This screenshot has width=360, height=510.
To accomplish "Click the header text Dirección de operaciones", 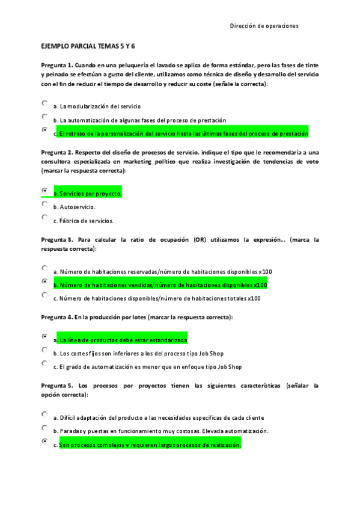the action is click(264, 26).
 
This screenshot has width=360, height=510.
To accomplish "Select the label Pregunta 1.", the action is click(57, 64).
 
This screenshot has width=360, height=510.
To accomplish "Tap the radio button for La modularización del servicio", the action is click(44, 103).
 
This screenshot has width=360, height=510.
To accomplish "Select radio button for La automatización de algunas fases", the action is click(44, 117).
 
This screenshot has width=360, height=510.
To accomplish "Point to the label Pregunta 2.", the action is click(57, 153).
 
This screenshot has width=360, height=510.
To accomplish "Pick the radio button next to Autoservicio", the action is click(44, 204).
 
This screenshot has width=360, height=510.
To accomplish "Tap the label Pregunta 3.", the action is click(57, 239).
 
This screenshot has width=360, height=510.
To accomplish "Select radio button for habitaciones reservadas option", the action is click(44, 268).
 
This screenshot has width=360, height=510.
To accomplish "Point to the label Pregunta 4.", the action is click(57, 317).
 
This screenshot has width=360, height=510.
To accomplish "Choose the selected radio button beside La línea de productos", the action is click(44, 337).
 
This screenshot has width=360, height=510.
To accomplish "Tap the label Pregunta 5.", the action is click(57, 386).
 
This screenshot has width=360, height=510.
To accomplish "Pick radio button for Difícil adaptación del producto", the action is click(44, 414).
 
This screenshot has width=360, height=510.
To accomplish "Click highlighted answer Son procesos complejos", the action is click(150, 445).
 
